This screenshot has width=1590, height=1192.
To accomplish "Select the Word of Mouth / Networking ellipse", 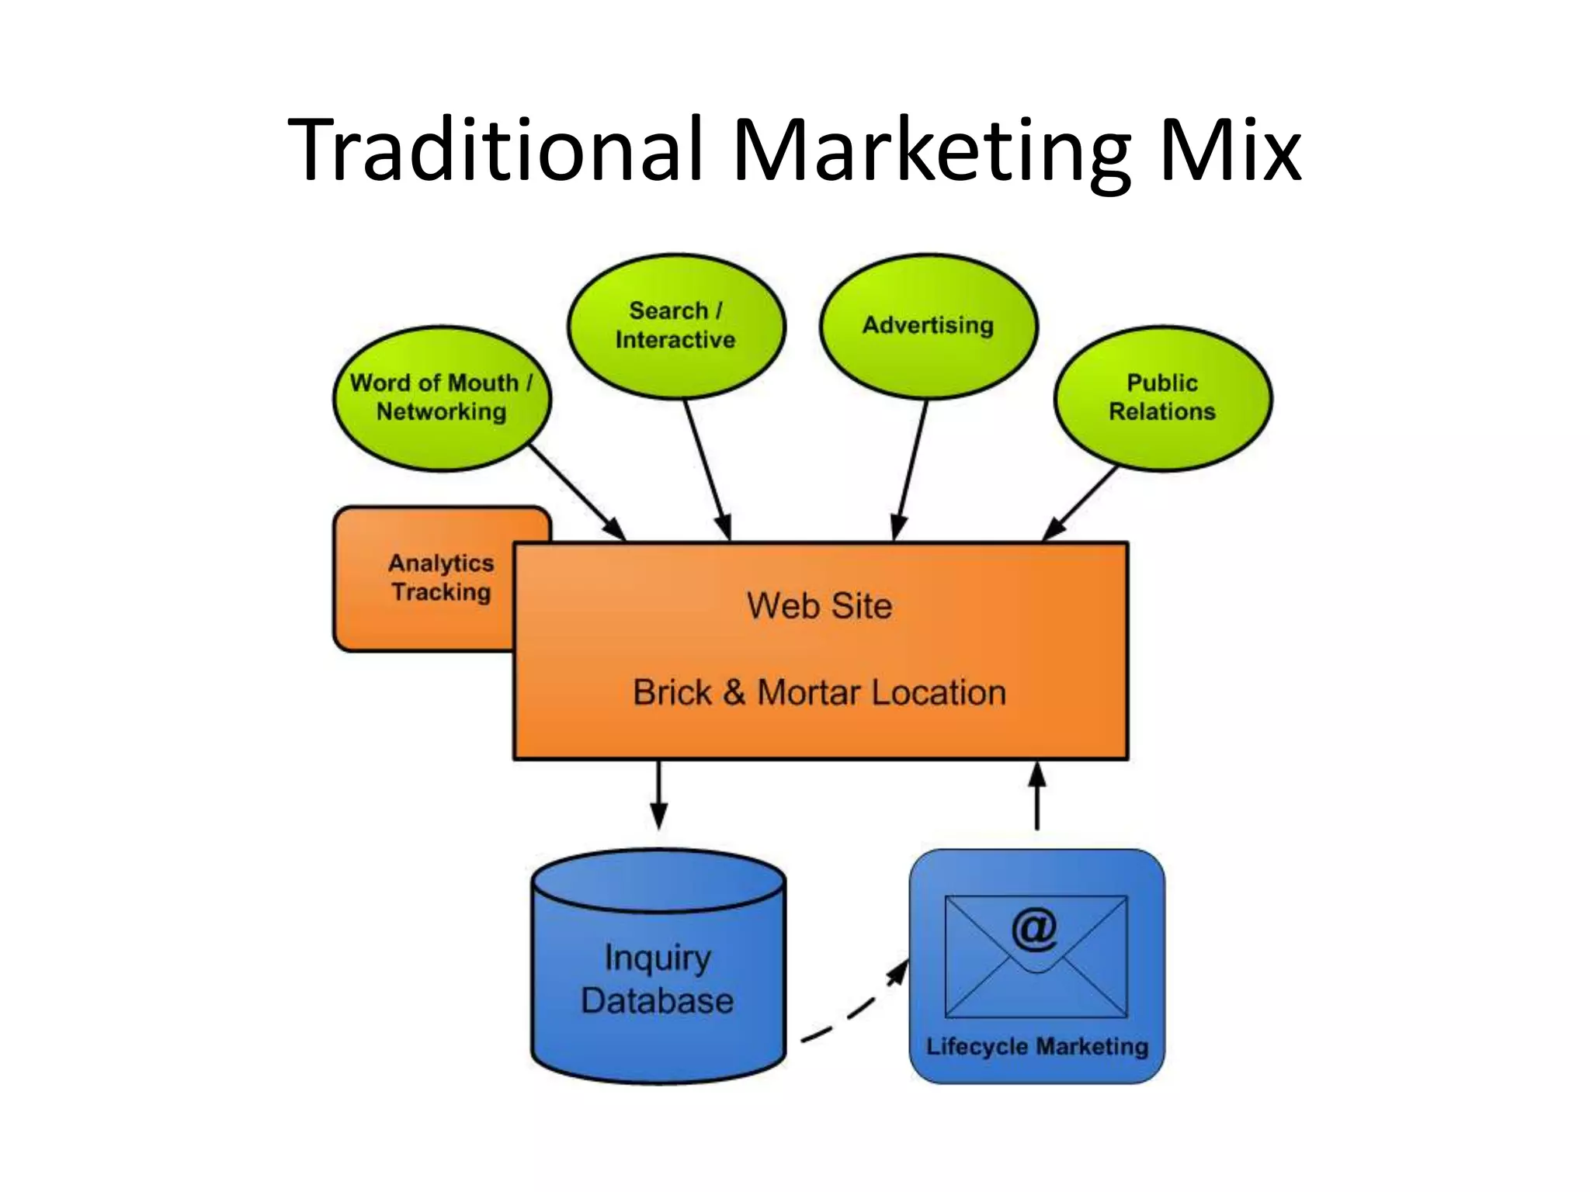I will point(441,397).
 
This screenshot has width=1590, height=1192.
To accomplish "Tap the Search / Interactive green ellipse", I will point(675,325).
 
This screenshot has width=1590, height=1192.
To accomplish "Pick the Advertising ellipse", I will point(928,325).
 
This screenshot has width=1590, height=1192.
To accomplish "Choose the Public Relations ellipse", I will point(1162,397).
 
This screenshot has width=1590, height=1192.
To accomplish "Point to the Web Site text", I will point(819,606).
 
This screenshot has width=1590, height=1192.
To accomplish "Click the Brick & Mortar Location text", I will point(819,692).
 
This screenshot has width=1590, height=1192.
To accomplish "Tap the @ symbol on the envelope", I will point(1034,929).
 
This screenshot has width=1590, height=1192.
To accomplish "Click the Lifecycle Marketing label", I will point(1036,1047).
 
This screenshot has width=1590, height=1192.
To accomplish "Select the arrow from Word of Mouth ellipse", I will point(578,492).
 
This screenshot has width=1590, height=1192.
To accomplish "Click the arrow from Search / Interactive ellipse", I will point(706,469).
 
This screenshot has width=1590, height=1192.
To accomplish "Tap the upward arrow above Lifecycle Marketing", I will point(1037,795).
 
